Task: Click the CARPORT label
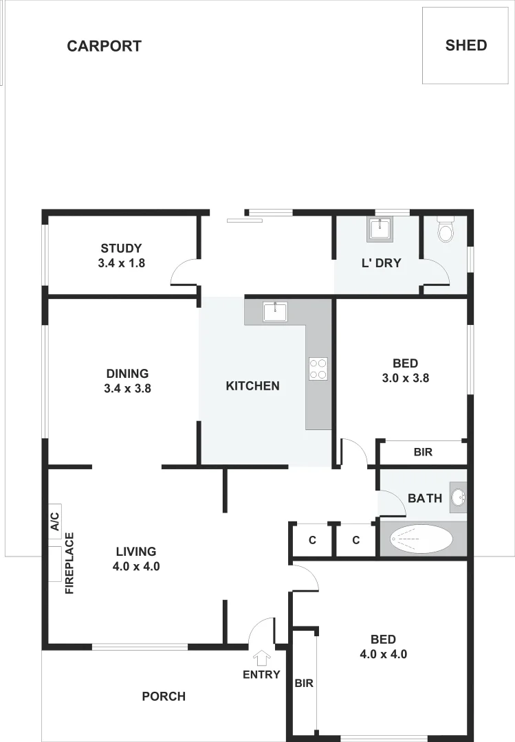point(104,46)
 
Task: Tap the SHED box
point(465,45)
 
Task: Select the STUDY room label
point(121,249)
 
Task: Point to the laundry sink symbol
point(378,228)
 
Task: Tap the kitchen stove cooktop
point(318,369)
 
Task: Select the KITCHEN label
point(252,386)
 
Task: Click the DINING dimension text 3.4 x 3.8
point(127,387)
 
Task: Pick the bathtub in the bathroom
point(421,539)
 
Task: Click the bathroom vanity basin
point(459,497)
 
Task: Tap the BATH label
point(425,498)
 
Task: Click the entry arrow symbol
point(261,657)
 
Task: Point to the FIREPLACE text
point(69,563)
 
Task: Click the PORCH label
point(164,697)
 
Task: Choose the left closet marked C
point(312,540)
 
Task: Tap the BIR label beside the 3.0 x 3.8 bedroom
point(423,453)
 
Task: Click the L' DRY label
point(381,262)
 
